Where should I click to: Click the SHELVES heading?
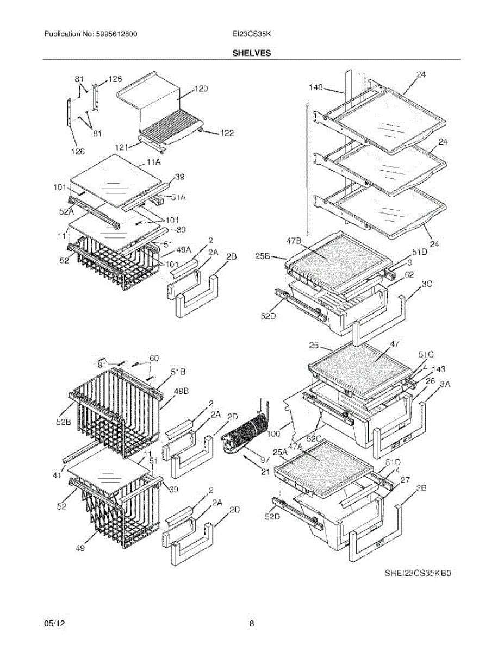coord(252,53)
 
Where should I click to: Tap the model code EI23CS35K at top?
coord(251,34)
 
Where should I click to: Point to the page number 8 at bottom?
coord(252,624)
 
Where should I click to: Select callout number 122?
coord(226,133)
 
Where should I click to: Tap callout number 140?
coord(316,87)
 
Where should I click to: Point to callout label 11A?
coord(154,162)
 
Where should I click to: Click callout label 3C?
coord(427,284)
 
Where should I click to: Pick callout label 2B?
coord(231,256)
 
